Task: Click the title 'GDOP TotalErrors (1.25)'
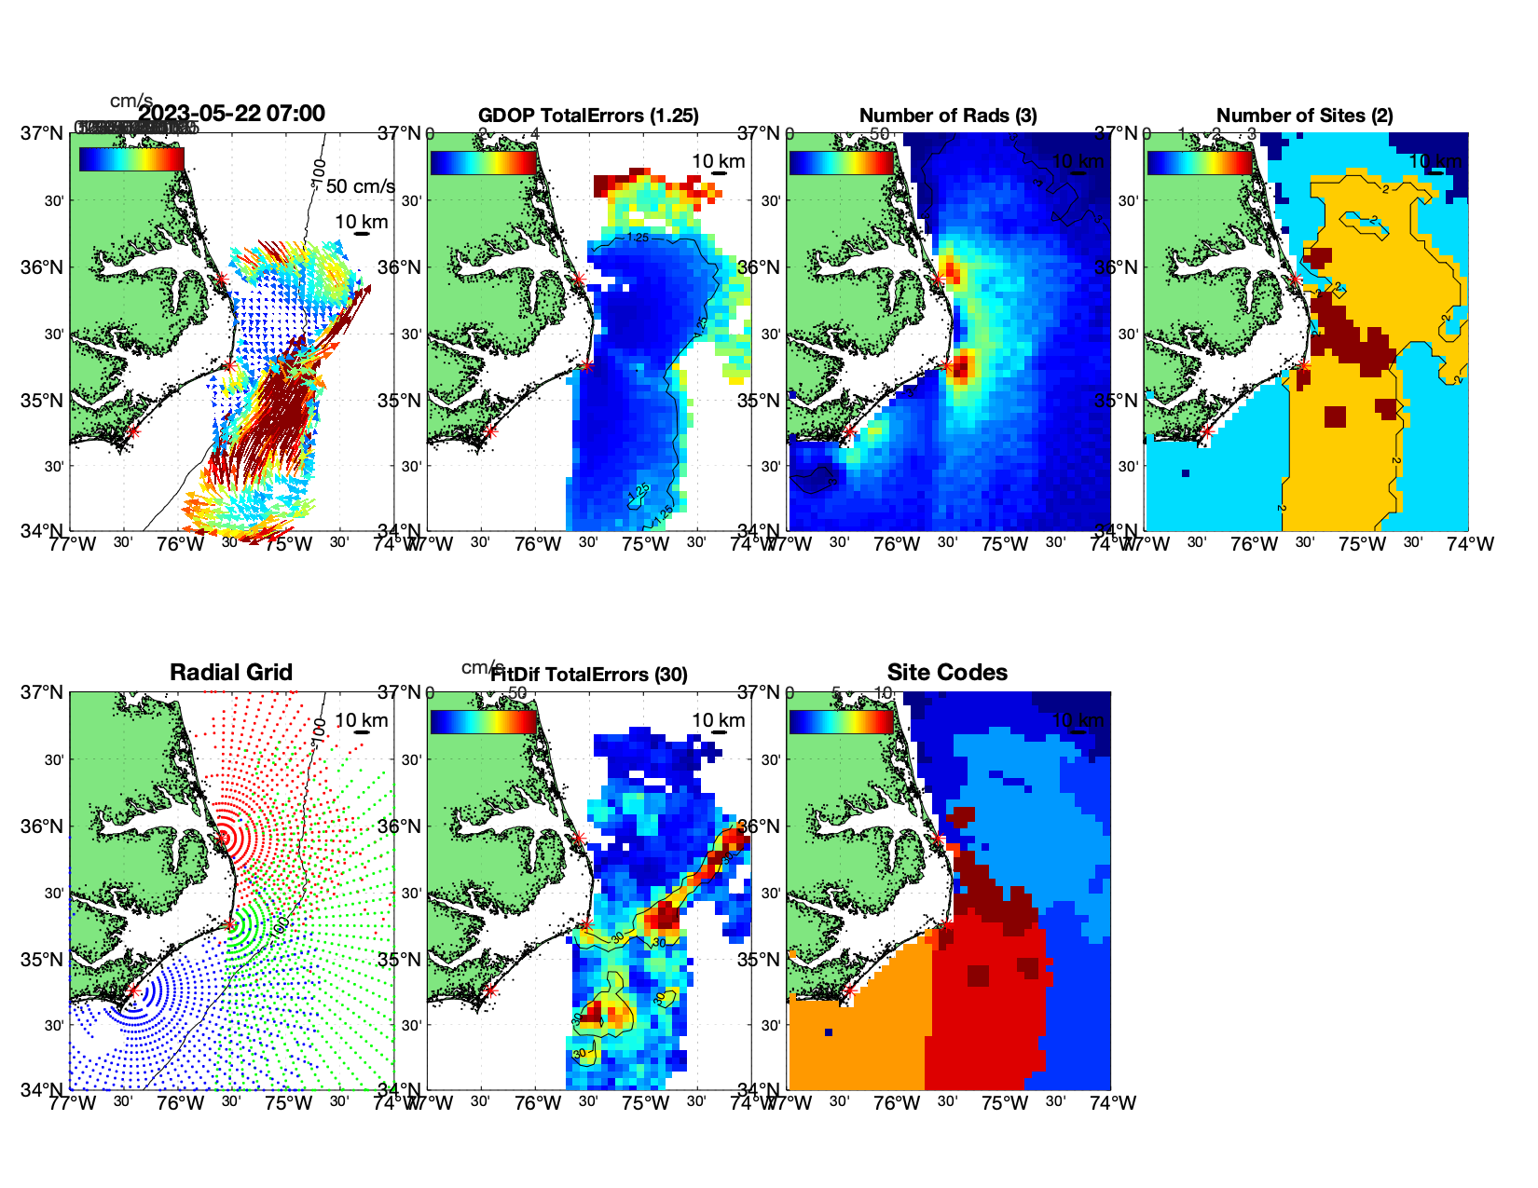(588, 116)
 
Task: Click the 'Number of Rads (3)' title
(948, 116)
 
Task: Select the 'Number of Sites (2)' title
(1305, 116)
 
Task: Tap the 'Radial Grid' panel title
(231, 673)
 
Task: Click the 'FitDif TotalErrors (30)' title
(589, 675)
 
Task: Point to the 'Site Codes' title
(947, 673)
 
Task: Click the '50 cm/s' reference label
(360, 186)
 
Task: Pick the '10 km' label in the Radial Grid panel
(361, 720)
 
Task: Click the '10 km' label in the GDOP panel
(718, 161)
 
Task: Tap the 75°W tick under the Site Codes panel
(1004, 1103)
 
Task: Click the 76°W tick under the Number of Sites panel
(1254, 544)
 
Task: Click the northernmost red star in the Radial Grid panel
(222, 838)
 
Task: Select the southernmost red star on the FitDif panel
(490, 990)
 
